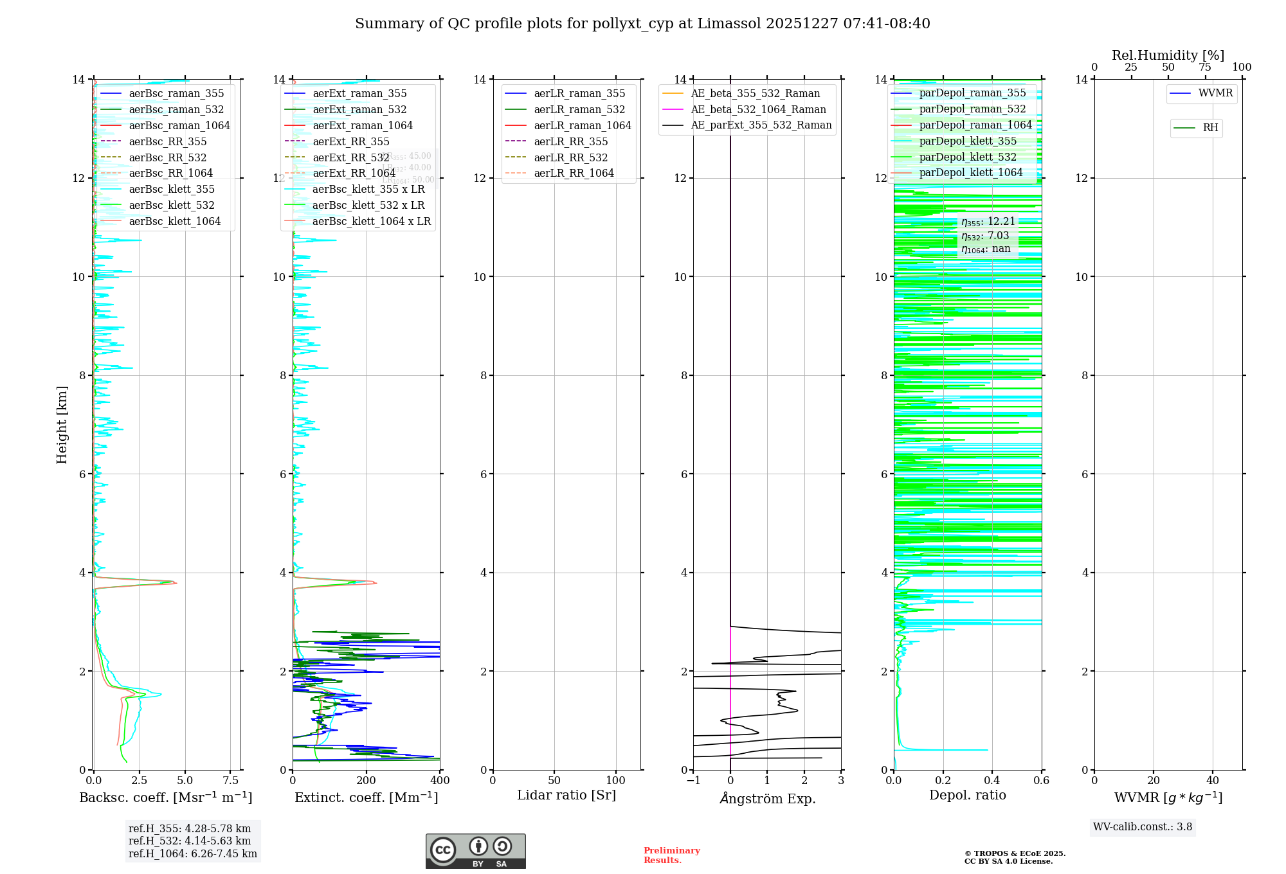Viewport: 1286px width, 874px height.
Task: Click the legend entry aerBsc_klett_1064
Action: (174, 221)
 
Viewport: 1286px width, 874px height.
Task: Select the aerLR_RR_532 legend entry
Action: (570, 157)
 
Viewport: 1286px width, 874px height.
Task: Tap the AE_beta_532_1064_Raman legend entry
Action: (758, 109)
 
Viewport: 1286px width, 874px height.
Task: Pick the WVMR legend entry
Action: (1215, 93)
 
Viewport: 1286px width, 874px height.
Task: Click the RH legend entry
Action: (1210, 128)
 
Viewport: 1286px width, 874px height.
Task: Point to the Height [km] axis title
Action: (62, 425)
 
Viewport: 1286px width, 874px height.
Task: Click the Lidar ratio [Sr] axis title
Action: (566, 795)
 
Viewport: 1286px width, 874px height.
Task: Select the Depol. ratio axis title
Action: (968, 795)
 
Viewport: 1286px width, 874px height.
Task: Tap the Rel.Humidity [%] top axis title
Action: (1168, 55)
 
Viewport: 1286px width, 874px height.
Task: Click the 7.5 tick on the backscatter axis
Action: (231, 781)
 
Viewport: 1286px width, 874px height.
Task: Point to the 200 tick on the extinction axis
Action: (367, 781)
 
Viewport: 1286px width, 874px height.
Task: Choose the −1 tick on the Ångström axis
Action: (693, 781)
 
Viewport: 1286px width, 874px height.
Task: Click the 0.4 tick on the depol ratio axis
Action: (992, 781)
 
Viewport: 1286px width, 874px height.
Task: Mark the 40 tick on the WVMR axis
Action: (1213, 781)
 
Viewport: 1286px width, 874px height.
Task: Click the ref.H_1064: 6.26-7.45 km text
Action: (193, 853)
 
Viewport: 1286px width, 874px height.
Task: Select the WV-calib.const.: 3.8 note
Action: (1143, 827)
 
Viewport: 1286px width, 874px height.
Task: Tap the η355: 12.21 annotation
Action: (988, 222)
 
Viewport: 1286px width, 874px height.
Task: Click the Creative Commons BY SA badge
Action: (475, 851)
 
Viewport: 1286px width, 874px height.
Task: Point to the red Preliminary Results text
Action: (671, 855)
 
